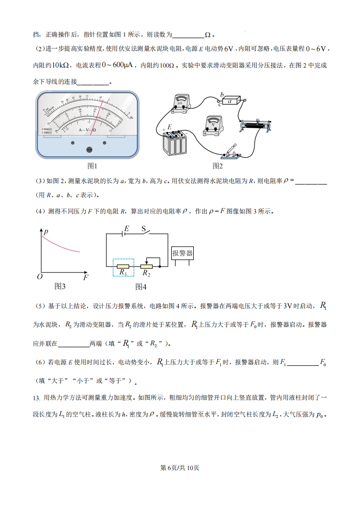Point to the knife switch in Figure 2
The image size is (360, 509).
(x=231, y=152)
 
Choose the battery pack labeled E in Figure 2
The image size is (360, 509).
(x=175, y=142)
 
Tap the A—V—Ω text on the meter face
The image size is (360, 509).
(x=87, y=130)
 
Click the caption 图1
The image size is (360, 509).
(x=92, y=166)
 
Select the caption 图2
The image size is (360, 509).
(x=218, y=166)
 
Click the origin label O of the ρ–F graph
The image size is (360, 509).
(x=39, y=276)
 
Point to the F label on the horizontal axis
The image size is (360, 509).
(x=86, y=277)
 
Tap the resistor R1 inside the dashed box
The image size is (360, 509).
(x=123, y=267)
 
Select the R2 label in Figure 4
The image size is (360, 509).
(x=146, y=273)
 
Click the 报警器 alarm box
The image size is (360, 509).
(x=183, y=253)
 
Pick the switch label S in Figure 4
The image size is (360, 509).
(x=143, y=229)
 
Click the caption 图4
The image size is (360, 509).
(x=141, y=286)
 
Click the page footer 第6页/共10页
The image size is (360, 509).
(x=180, y=468)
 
